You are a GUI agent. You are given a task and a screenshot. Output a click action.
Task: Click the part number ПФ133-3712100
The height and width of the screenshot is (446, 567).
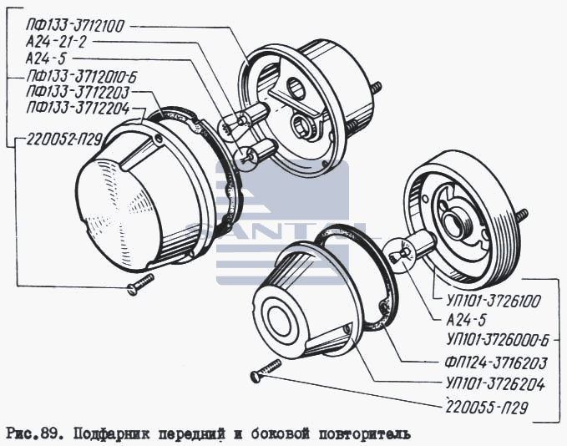(75, 26)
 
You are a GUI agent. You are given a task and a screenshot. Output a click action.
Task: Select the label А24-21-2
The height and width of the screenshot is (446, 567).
(57, 42)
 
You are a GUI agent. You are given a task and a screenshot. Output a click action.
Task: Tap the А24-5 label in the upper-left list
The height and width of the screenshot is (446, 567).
(47, 58)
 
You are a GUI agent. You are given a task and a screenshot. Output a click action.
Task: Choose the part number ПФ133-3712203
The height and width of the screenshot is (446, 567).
(78, 92)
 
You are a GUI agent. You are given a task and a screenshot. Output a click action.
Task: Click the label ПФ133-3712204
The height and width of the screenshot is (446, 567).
(78, 108)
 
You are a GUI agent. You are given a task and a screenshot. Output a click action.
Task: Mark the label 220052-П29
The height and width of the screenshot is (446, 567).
(64, 139)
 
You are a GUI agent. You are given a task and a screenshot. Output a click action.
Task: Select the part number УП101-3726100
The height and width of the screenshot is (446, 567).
(494, 301)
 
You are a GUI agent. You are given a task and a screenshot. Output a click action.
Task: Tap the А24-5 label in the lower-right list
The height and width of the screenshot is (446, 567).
(467, 320)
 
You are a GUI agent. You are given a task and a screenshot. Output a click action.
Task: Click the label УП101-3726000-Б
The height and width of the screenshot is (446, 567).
(498, 341)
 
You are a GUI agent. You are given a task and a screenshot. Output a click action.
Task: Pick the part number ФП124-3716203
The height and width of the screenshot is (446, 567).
(496, 362)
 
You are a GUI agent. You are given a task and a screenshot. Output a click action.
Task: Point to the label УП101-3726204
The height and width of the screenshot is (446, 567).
(495, 383)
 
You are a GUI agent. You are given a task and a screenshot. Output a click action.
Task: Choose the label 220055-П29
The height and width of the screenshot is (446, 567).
(486, 407)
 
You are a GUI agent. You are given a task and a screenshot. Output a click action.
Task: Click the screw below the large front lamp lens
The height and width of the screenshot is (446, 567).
(140, 284)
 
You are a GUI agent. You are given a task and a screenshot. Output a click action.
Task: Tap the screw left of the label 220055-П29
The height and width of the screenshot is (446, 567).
(265, 370)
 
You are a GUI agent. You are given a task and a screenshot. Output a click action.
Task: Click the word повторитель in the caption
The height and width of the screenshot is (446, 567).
(364, 434)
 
